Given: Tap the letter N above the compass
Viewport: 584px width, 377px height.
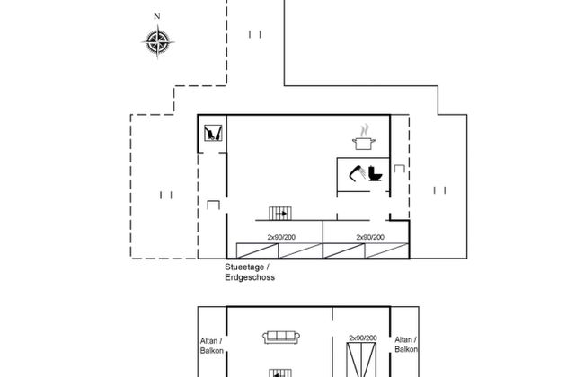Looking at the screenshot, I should click(x=157, y=17).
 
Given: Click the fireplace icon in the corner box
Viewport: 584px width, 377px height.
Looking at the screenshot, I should click(x=213, y=134).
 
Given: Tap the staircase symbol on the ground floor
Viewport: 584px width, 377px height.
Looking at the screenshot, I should click(x=280, y=213).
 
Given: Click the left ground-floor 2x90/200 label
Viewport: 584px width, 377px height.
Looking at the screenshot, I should click(x=281, y=237).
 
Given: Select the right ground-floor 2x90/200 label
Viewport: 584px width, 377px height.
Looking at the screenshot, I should click(x=370, y=237).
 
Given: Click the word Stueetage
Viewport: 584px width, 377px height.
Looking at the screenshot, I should click(x=244, y=267).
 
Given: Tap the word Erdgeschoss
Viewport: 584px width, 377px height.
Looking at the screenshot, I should click(x=250, y=278).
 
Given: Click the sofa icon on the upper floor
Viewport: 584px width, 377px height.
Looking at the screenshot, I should click(x=280, y=338).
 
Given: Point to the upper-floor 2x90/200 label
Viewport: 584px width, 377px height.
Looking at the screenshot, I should click(x=362, y=338).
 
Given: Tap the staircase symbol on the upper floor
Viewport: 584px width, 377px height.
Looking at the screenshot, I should click(x=280, y=371).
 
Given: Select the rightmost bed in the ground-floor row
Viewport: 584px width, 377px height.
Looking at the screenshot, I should click(x=387, y=251).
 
